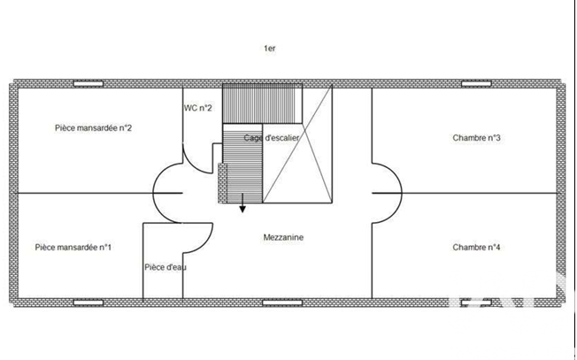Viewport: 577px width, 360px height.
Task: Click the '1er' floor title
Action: pyautogui.click(x=269, y=48)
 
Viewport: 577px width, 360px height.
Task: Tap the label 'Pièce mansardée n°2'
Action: pyautogui.click(x=94, y=128)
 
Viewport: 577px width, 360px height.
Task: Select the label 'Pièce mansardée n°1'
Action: pyautogui.click(x=73, y=247)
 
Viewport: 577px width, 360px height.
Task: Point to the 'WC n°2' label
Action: pyautogui.click(x=198, y=108)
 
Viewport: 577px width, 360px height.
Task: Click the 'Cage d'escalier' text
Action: pyautogui.click(x=271, y=138)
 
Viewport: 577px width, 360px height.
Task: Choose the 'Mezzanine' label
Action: pyautogui.click(x=283, y=238)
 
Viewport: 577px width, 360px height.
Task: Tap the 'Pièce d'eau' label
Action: pyautogui.click(x=165, y=267)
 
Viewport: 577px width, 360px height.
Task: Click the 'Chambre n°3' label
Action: pyautogui.click(x=476, y=138)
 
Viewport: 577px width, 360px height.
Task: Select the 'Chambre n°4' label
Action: pyautogui.click(x=476, y=247)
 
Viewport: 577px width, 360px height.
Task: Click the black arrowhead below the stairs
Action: pyautogui.click(x=242, y=210)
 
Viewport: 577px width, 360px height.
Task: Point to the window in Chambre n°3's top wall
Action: pyautogui.click(x=476, y=84)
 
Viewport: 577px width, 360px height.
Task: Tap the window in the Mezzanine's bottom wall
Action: pyautogui.click(x=282, y=303)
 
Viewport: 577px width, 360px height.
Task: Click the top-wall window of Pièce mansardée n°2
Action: pyautogui.click(x=88, y=84)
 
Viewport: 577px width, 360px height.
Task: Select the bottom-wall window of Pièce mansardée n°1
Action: pyautogui.click(x=88, y=303)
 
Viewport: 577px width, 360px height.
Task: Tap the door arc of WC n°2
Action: pyautogui.click(x=193, y=166)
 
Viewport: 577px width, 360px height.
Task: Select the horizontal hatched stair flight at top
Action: pyautogui.click(x=262, y=103)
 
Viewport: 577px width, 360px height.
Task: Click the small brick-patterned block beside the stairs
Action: pyautogui.click(x=222, y=183)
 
